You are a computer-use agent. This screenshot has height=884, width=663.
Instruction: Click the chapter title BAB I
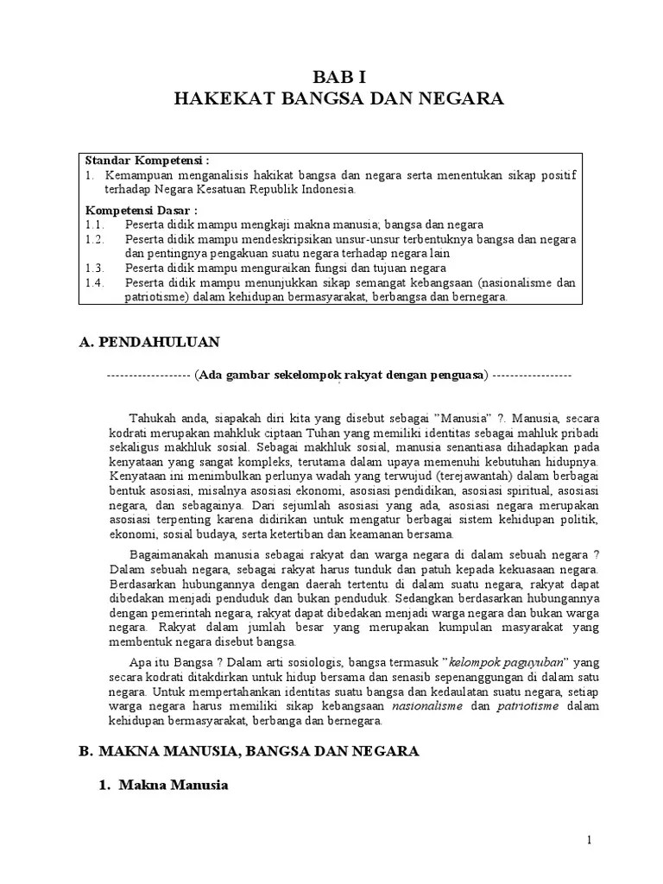pyautogui.click(x=338, y=77)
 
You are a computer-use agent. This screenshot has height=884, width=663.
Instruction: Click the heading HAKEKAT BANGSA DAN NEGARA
pyautogui.click(x=338, y=99)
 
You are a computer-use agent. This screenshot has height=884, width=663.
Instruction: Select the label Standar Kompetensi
pyautogui.click(x=147, y=161)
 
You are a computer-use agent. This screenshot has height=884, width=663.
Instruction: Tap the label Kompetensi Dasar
pyautogui.click(x=141, y=210)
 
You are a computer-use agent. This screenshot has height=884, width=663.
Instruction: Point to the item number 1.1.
pyautogui.click(x=94, y=224)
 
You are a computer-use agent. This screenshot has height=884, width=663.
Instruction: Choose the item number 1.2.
pyautogui.click(x=94, y=239)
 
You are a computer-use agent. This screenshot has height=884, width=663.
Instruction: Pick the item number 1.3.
pyautogui.click(x=94, y=268)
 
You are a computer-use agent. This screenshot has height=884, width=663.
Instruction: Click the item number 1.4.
pyautogui.click(x=94, y=282)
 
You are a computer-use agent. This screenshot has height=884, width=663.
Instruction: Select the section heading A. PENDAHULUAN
pyautogui.click(x=148, y=343)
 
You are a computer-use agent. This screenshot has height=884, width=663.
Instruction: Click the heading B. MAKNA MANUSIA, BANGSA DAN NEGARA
pyautogui.click(x=249, y=752)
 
